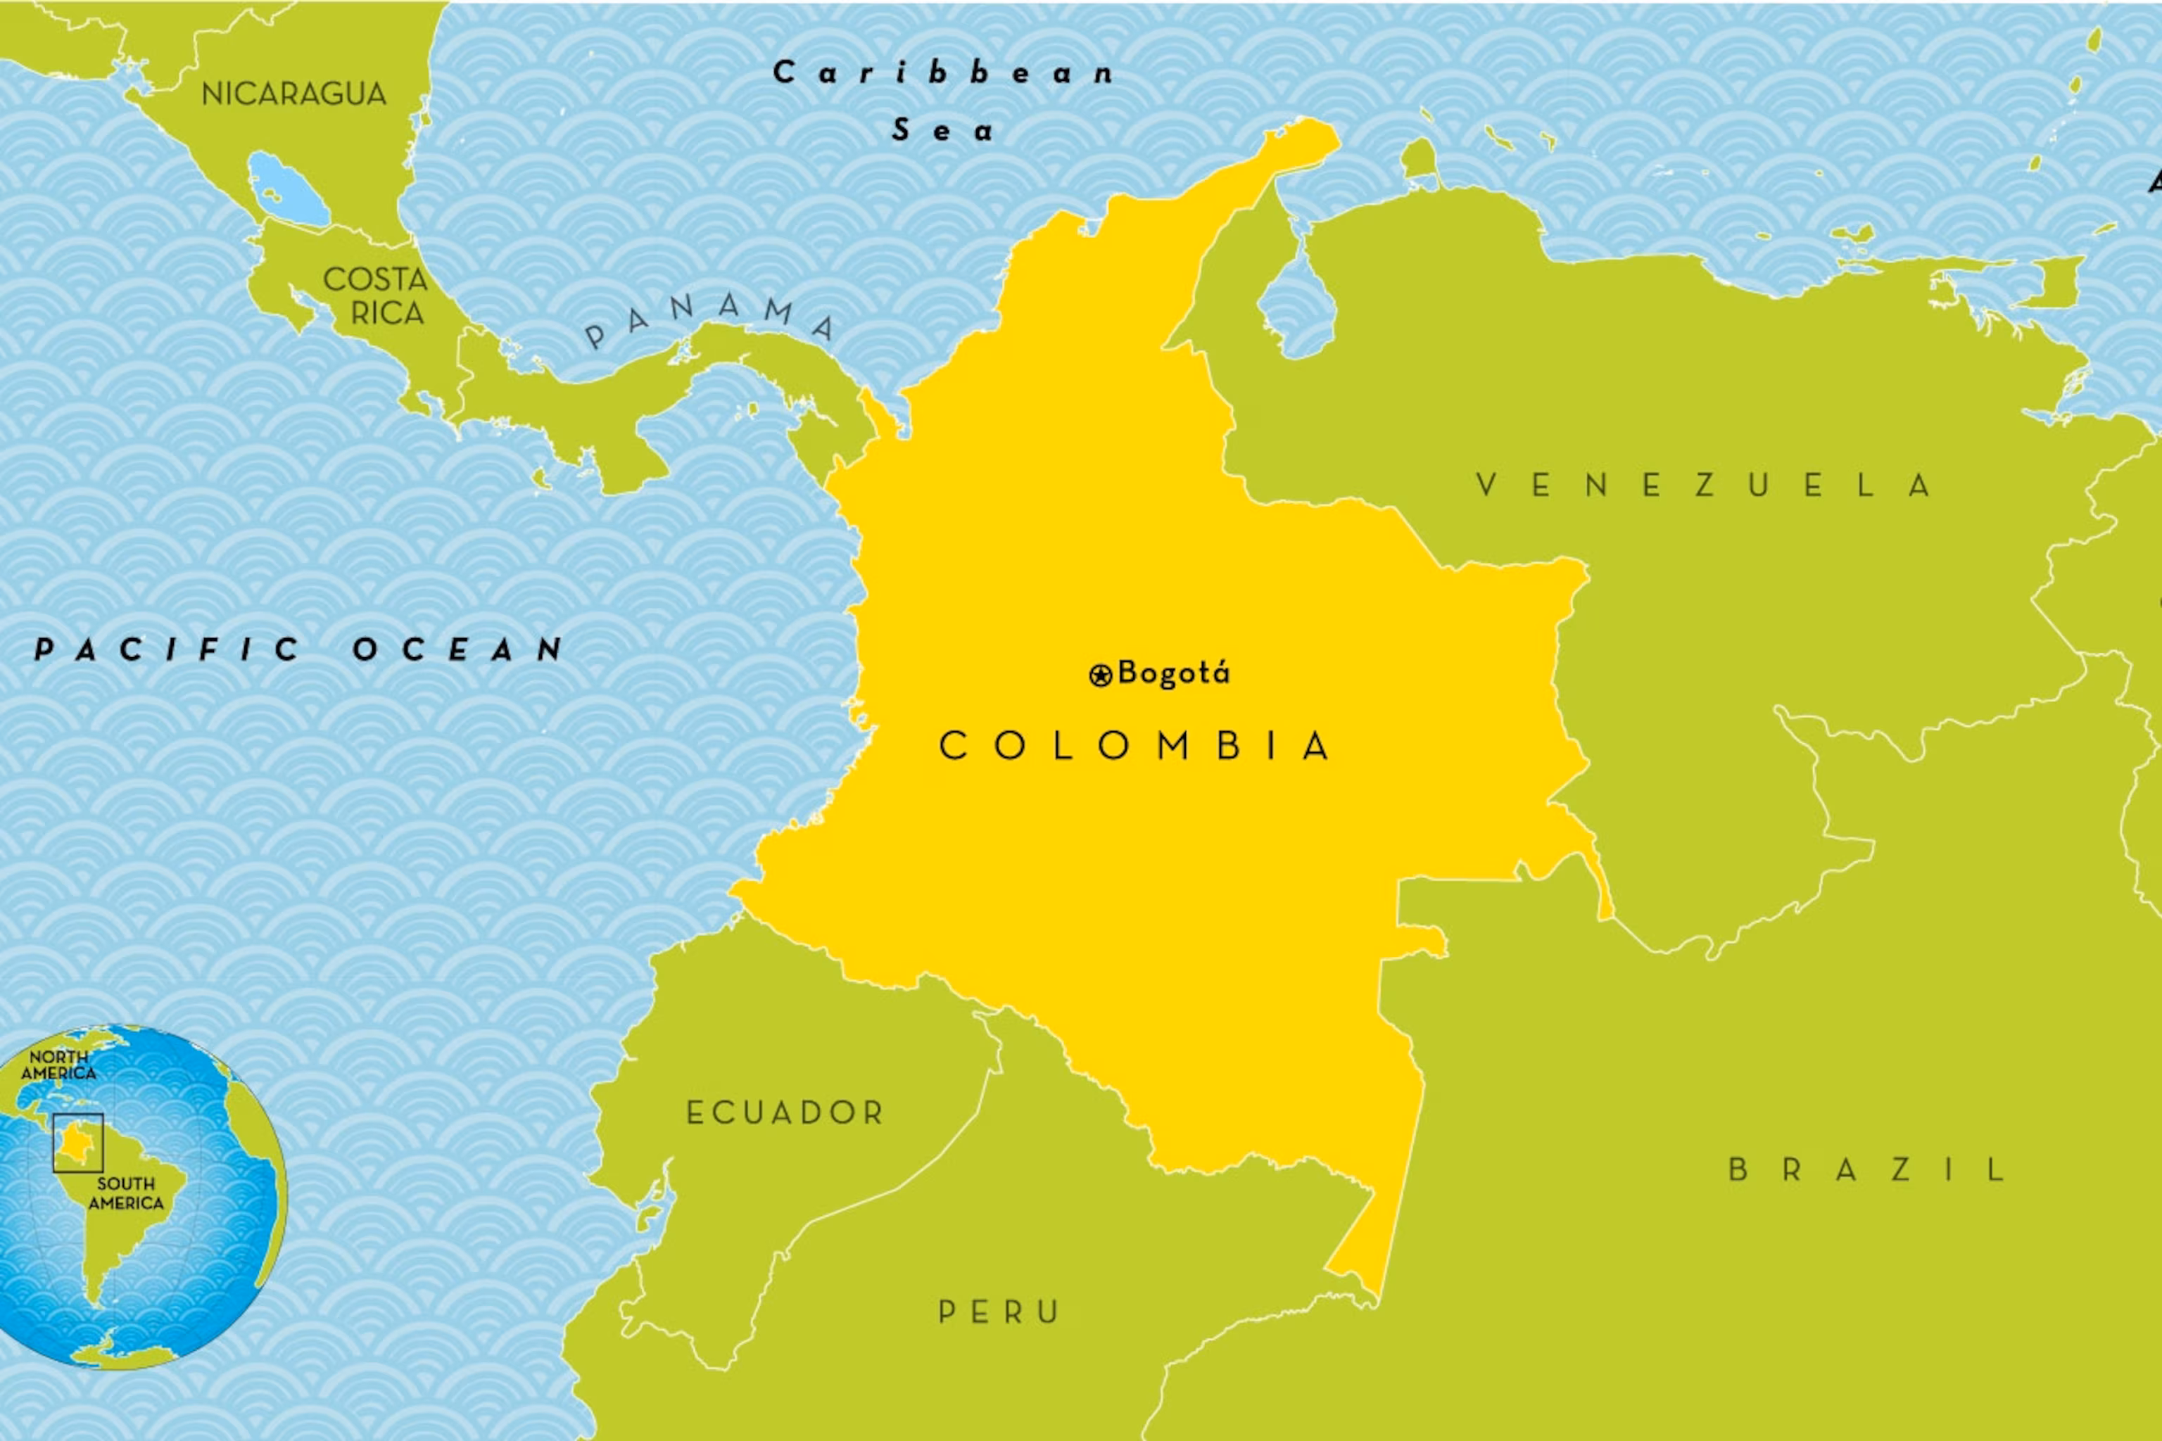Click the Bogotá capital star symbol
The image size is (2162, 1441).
[x=1100, y=675]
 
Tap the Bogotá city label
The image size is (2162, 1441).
[x=1173, y=673]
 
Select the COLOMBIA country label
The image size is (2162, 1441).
[x=1134, y=745]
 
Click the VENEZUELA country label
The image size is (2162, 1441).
[x=1702, y=485]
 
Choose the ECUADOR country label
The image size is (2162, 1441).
[x=785, y=1113]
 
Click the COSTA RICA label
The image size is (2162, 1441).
[x=376, y=296]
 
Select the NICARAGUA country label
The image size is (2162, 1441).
[x=294, y=94]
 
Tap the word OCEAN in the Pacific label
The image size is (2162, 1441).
[x=457, y=649]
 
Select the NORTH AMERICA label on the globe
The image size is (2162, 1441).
[x=59, y=1065]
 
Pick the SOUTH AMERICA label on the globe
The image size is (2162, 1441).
[x=126, y=1193]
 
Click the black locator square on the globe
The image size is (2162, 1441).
[x=78, y=1143]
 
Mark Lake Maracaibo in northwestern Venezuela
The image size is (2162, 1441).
[x=1297, y=303]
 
